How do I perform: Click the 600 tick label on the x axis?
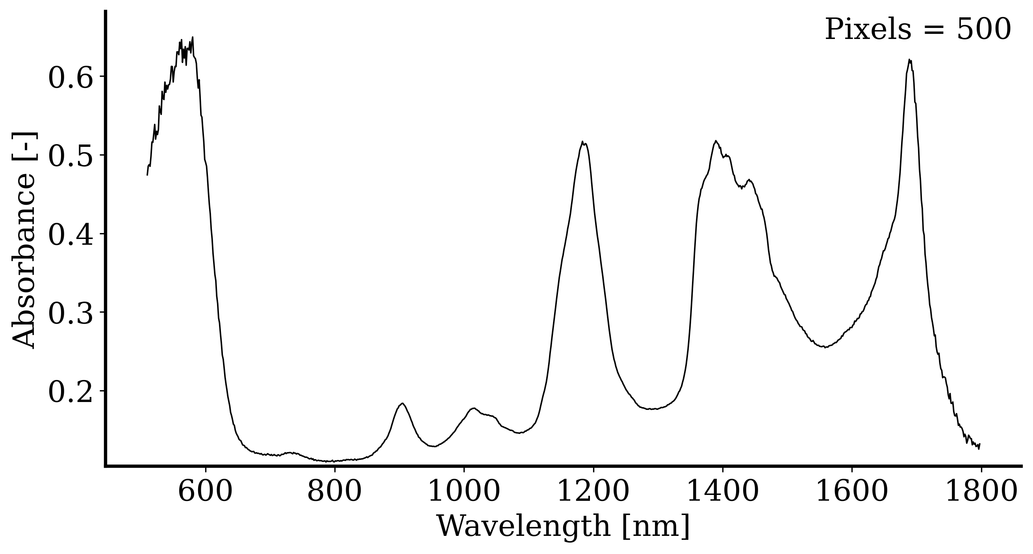point(205,492)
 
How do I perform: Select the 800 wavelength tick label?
point(334,492)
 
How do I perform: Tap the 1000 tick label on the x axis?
point(464,492)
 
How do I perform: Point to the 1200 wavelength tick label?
point(593,492)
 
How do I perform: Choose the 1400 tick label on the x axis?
point(723,492)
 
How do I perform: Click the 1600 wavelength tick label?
point(852,492)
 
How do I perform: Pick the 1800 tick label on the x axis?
point(981,492)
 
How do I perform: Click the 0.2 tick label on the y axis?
point(70,392)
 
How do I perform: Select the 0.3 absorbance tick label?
point(70,313)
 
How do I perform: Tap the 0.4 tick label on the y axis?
point(70,235)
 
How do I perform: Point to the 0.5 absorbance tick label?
point(70,156)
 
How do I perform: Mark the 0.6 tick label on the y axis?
point(70,77)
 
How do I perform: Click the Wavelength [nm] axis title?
point(563,526)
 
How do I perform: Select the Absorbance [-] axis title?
point(24,239)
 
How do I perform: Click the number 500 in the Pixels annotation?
point(983,30)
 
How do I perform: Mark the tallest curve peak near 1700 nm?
point(910,60)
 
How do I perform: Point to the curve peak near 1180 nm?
point(582,142)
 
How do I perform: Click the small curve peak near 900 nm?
point(402,403)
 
